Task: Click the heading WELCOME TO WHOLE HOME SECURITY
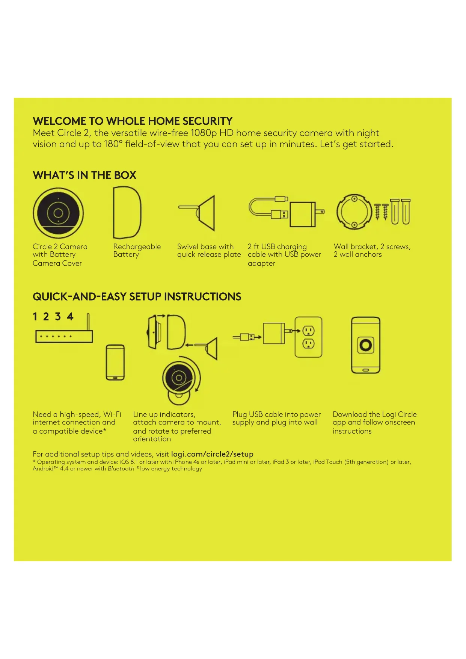pyautogui.click(x=133, y=121)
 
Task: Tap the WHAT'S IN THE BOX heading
pyautogui.click(x=84, y=175)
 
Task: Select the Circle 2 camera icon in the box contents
pyautogui.click(x=58, y=213)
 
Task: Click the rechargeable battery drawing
pyautogui.click(x=127, y=213)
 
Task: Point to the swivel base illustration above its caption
pyautogui.click(x=199, y=213)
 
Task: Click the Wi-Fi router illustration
pyautogui.click(x=64, y=335)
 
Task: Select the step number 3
pyautogui.click(x=58, y=317)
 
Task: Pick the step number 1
pyautogui.click(x=35, y=317)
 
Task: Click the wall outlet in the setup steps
pyautogui.click(x=308, y=337)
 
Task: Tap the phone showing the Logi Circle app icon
pyautogui.click(x=365, y=345)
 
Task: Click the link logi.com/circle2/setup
pyautogui.click(x=212, y=454)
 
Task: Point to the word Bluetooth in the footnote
pyautogui.click(x=121, y=469)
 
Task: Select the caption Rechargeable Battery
pyautogui.click(x=137, y=251)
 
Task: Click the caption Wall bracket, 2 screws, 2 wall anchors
pyautogui.click(x=372, y=251)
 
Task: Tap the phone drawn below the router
pyautogui.click(x=115, y=362)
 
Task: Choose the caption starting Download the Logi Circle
pyautogui.click(x=374, y=423)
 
